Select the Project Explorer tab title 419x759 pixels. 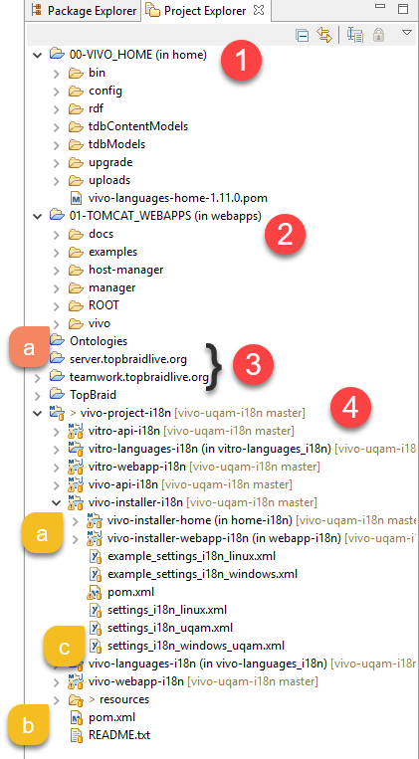pos(205,10)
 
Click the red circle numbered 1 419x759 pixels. pos(241,62)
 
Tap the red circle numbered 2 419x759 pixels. pos(285,235)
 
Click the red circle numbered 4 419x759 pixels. pos(350,408)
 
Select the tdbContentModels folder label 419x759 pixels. pos(138,126)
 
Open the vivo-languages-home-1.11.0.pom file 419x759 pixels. pos(178,198)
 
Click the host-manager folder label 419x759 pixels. pos(126,270)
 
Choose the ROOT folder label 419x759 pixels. pos(104,305)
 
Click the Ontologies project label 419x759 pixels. pos(99,341)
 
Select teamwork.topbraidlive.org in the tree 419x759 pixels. pos(139,377)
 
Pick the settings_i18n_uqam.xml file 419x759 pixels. pos(170,628)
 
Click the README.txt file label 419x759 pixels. pos(119,735)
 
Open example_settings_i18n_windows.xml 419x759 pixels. pos(202,574)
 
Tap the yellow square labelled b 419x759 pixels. pos(28,726)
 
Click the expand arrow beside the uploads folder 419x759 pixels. pos(57,181)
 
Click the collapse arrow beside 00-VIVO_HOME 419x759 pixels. pos(37,55)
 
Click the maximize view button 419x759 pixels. pos(403,9)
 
